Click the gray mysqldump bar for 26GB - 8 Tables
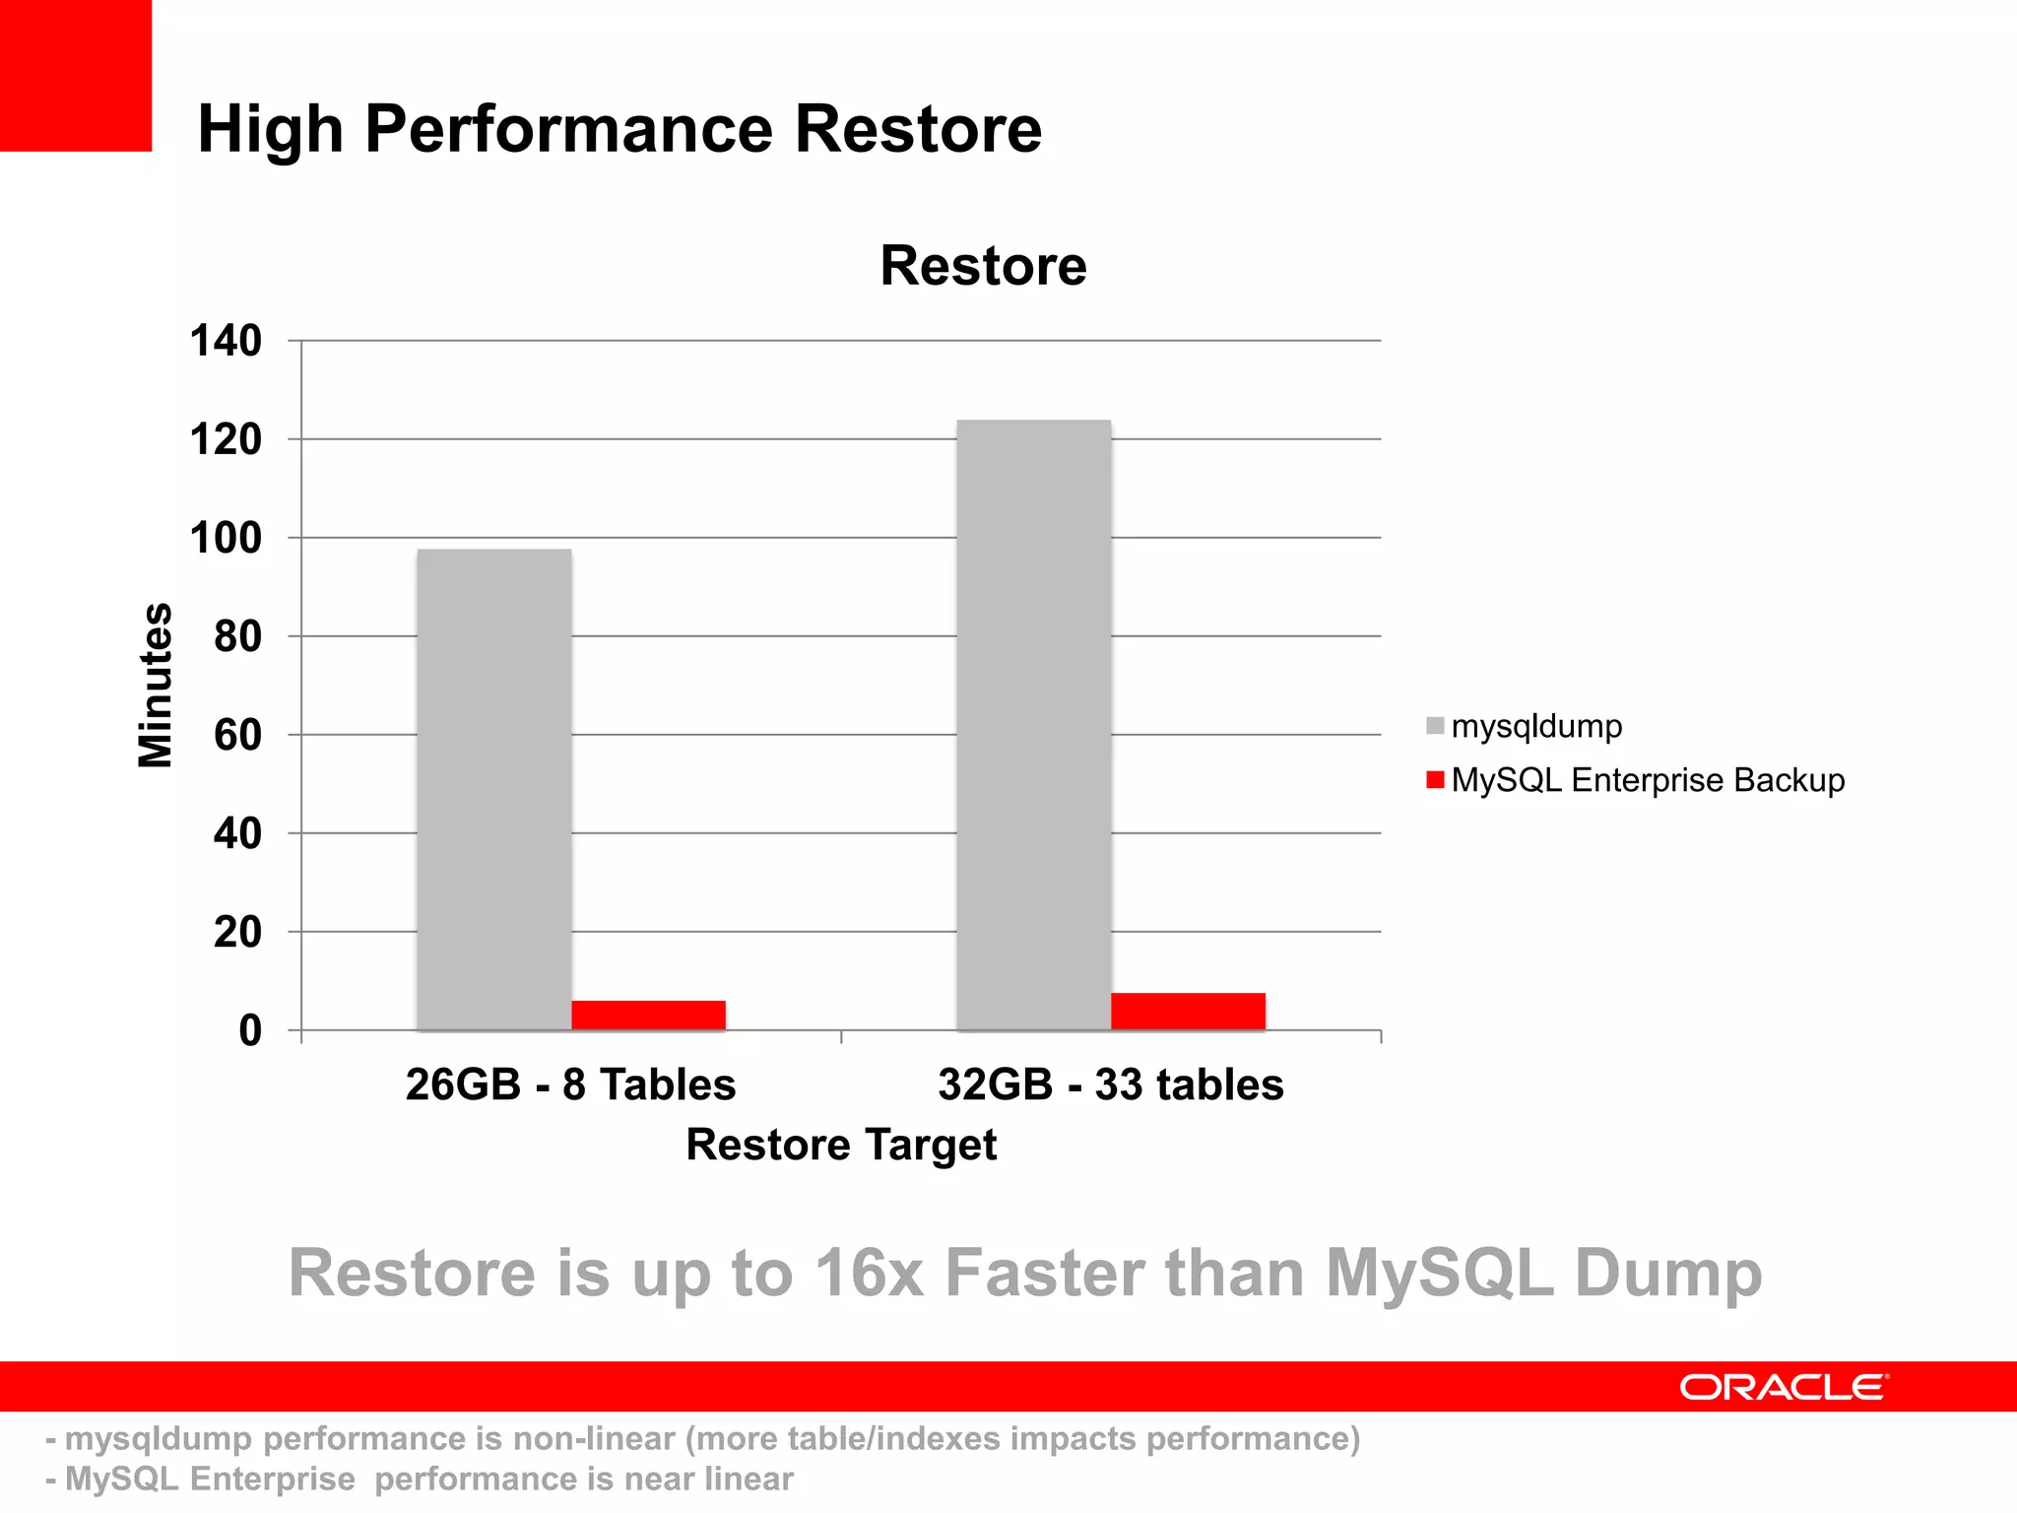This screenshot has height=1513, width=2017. [x=493, y=788]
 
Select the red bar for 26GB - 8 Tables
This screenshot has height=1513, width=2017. [x=648, y=1016]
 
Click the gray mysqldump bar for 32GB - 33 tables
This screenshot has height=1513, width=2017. [x=1033, y=724]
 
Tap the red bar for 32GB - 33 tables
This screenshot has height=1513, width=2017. [x=1188, y=1012]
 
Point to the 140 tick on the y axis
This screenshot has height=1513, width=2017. [x=226, y=341]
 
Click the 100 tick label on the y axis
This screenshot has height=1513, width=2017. [x=226, y=538]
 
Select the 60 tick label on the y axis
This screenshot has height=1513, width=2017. [x=237, y=735]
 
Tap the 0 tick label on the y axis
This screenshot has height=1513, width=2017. [x=250, y=1030]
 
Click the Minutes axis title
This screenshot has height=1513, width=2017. [x=156, y=685]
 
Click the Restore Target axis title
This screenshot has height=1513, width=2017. [x=841, y=1145]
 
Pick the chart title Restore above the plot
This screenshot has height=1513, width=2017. [x=983, y=266]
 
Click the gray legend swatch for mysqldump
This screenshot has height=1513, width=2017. [x=1435, y=726]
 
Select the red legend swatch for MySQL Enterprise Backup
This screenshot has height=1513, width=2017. [x=1435, y=780]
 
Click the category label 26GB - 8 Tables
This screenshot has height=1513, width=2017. [x=570, y=1085]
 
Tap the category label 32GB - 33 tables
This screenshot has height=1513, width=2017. [x=1110, y=1085]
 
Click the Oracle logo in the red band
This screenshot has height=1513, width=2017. [x=1784, y=1387]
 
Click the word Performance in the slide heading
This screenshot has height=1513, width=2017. [x=569, y=129]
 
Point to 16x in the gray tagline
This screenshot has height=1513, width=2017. [x=869, y=1273]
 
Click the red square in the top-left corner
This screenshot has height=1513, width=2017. [x=75, y=75]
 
